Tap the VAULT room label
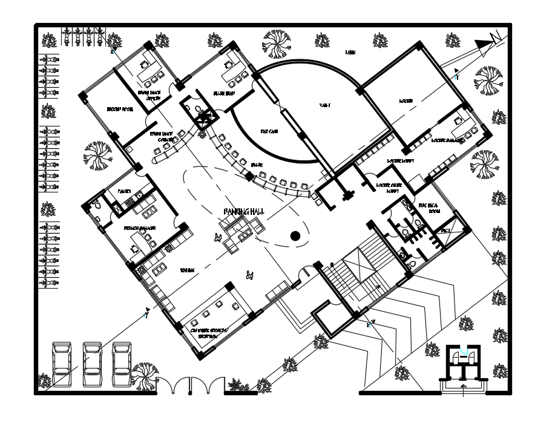point(325,106)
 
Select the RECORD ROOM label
point(120,110)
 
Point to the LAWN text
point(350,53)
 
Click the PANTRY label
point(125,191)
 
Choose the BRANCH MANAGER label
point(140,228)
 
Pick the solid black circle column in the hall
point(295,236)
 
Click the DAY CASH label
point(269,131)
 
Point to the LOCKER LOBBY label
point(399,161)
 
